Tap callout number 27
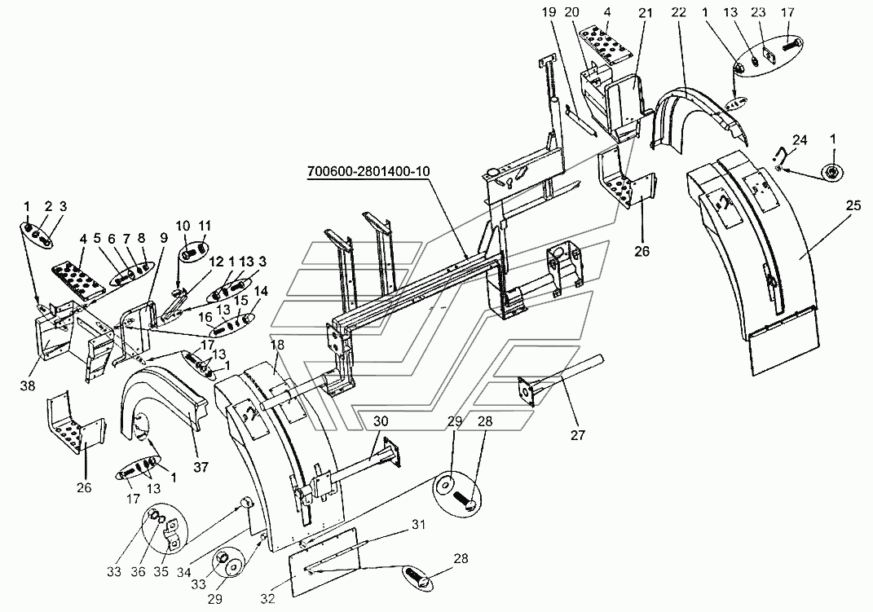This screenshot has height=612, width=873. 579,434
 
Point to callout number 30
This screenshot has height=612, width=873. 381,421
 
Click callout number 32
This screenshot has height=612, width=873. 268,598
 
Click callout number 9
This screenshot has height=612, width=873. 164,238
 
